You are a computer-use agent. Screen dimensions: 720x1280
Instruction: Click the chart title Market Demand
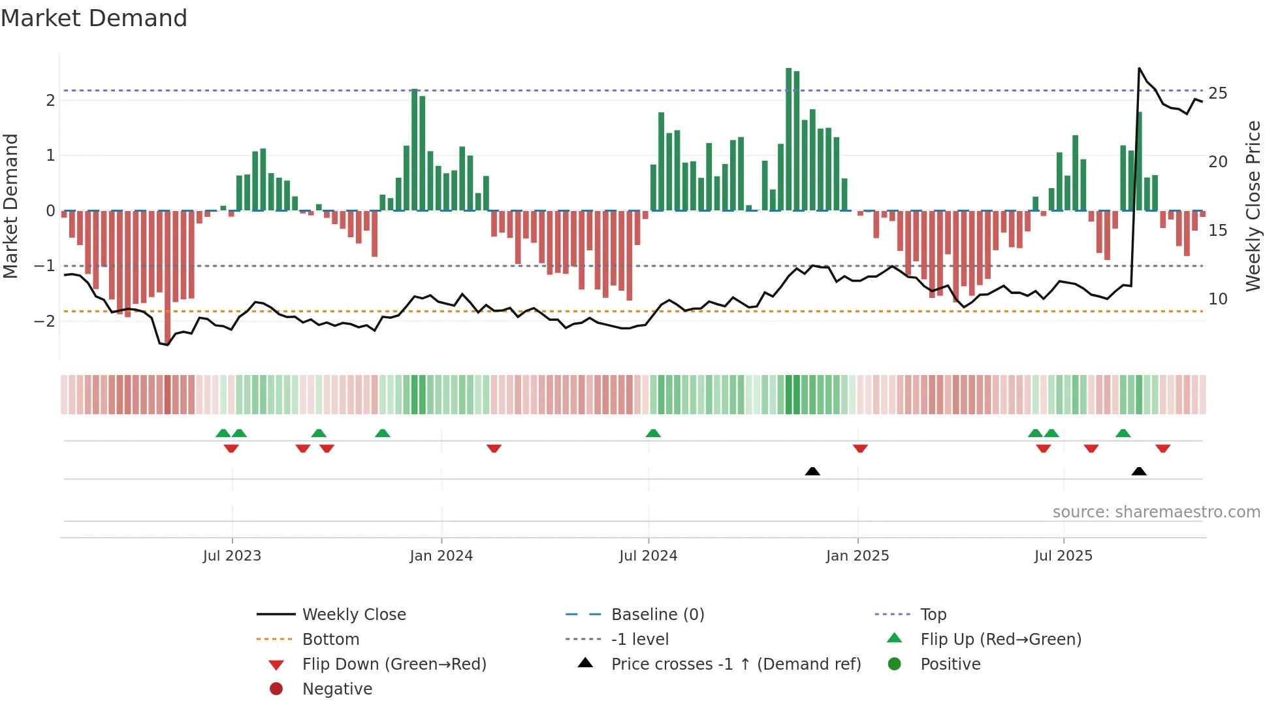tap(94, 18)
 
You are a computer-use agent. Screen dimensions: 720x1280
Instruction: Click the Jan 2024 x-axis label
tap(441, 555)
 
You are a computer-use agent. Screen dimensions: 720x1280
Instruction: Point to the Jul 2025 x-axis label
tap(1063, 555)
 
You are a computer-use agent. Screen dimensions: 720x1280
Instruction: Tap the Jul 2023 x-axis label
tap(232, 555)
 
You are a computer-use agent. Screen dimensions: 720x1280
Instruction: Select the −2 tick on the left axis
tap(45, 321)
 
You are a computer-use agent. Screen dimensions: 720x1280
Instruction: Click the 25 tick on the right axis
tap(1217, 93)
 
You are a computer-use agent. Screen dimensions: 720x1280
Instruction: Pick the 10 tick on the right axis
tap(1217, 299)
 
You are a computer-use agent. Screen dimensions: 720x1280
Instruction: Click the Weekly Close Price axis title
tap(1253, 206)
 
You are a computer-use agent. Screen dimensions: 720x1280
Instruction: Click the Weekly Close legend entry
tap(353, 614)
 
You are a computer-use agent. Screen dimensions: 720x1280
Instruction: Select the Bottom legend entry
tap(330, 639)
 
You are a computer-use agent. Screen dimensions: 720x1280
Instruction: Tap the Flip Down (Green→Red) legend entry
tap(394, 664)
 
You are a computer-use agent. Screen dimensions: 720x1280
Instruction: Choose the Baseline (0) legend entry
tap(657, 614)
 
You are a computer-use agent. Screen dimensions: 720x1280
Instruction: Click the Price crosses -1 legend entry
tap(735, 664)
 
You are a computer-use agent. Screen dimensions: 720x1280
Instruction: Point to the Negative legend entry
tap(337, 689)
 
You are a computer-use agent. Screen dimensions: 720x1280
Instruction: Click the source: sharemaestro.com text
tap(1156, 512)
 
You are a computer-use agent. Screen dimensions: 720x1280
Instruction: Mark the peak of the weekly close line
tap(1140, 68)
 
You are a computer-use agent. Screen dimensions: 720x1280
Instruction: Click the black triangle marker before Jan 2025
tap(812, 471)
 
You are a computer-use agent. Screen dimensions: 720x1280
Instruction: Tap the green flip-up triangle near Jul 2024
tap(653, 433)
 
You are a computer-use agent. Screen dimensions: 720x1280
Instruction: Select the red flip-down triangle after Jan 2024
tap(494, 448)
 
